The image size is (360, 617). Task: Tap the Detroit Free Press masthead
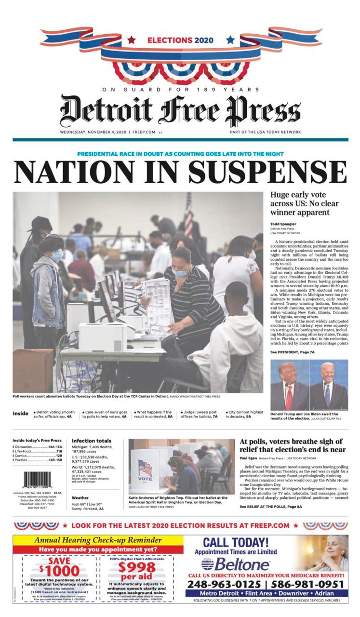[x=180, y=111]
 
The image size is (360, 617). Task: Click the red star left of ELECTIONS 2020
[x=132, y=40]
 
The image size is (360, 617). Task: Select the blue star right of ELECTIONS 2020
[x=230, y=40]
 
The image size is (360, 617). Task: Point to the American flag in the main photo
[x=188, y=215]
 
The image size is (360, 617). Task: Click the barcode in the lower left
[x=37, y=481]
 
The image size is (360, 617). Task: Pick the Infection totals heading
[x=92, y=441]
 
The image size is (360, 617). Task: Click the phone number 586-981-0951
[x=311, y=584]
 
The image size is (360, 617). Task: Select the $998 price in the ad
[x=137, y=567]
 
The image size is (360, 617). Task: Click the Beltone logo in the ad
[x=235, y=564]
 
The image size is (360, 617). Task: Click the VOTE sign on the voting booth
[x=145, y=479]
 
